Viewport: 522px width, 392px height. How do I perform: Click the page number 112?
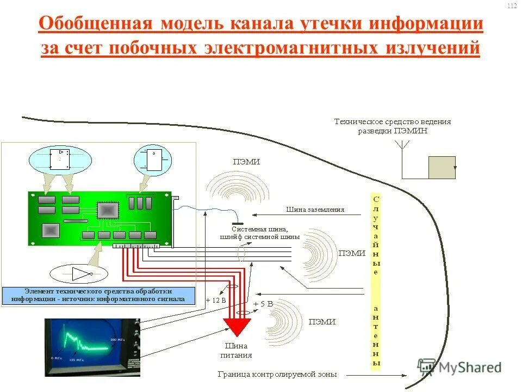(x=512, y=6)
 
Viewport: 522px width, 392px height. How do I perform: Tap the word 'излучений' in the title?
(x=433, y=47)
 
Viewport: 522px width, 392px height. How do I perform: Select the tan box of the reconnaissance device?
(x=442, y=167)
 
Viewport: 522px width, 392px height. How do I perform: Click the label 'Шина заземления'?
(x=315, y=210)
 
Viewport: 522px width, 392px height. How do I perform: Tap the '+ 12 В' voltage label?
(x=216, y=300)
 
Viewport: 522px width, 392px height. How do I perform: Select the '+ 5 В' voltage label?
(x=263, y=303)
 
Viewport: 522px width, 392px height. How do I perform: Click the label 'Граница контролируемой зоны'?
(x=277, y=375)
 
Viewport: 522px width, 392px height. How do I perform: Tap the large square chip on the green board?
(x=107, y=211)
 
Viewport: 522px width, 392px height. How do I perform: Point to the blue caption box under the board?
(x=98, y=295)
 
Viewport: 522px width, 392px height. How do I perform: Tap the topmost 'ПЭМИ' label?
(x=246, y=162)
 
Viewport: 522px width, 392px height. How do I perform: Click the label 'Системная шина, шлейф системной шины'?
(x=260, y=233)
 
